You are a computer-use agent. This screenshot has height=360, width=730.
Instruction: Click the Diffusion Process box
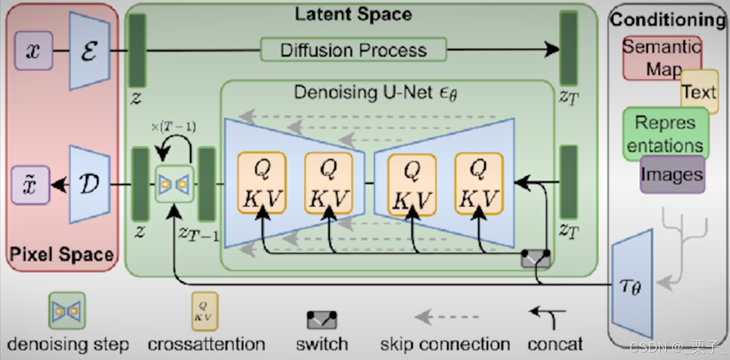click(x=353, y=50)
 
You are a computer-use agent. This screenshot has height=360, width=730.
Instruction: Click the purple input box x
click(x=34, y=50)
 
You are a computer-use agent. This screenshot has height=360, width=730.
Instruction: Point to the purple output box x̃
click(x=32, y=185)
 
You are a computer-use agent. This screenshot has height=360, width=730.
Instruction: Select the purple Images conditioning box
click(x=672, y=175)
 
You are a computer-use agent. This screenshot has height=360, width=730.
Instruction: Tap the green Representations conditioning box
click(x=666, y=134)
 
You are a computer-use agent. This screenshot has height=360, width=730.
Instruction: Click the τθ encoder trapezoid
click(x=633, y=283)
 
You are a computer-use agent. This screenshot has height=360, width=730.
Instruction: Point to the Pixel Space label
click(x=62, y=255)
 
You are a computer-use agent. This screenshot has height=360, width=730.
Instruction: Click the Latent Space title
click(x=353, y=14)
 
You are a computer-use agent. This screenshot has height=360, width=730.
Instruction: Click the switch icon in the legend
click(x=322, y=319)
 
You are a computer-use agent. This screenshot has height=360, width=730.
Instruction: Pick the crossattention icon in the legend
click(x=205, y=311)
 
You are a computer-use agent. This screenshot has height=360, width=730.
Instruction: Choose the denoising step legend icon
click(x=67, y=310)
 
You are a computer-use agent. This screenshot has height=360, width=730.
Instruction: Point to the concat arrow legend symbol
click(x=548, y=316)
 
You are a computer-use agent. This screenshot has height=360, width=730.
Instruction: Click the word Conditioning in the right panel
click(x=668, y=20)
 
